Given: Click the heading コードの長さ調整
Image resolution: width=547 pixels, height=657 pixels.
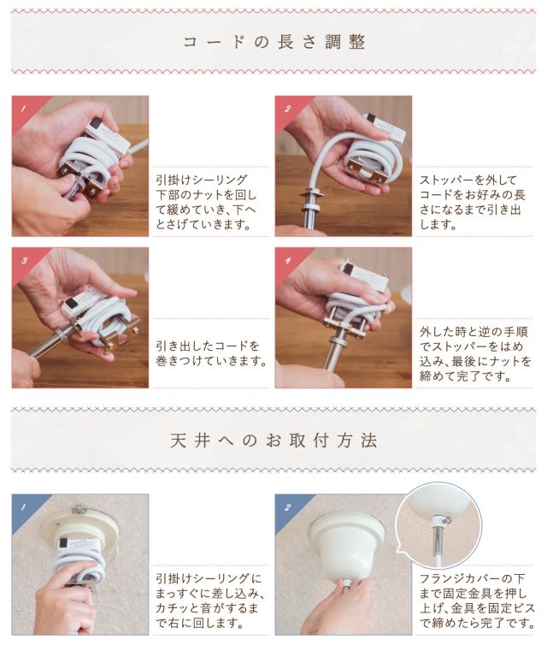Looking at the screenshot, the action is (x=274, y=42).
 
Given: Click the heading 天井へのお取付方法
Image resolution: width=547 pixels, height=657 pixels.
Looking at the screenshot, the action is (x=273, y=441).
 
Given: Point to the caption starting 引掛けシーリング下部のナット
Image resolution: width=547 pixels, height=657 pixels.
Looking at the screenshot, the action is (x=206, y=202).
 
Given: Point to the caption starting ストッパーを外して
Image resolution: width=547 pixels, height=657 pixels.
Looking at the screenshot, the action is (x=472, y=202).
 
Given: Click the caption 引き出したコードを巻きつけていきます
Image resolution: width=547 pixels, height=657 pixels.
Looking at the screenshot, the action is (x=211, y=353).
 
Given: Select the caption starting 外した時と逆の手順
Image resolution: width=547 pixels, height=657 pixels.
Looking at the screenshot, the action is (x=475, y=353).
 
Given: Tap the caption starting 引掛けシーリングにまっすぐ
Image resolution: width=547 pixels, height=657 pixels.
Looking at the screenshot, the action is (x=209, y=601).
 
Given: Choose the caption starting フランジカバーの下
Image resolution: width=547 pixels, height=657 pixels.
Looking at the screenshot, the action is (x=477, y=601).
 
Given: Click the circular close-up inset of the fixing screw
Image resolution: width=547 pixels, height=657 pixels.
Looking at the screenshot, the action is (x=438, y=524).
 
